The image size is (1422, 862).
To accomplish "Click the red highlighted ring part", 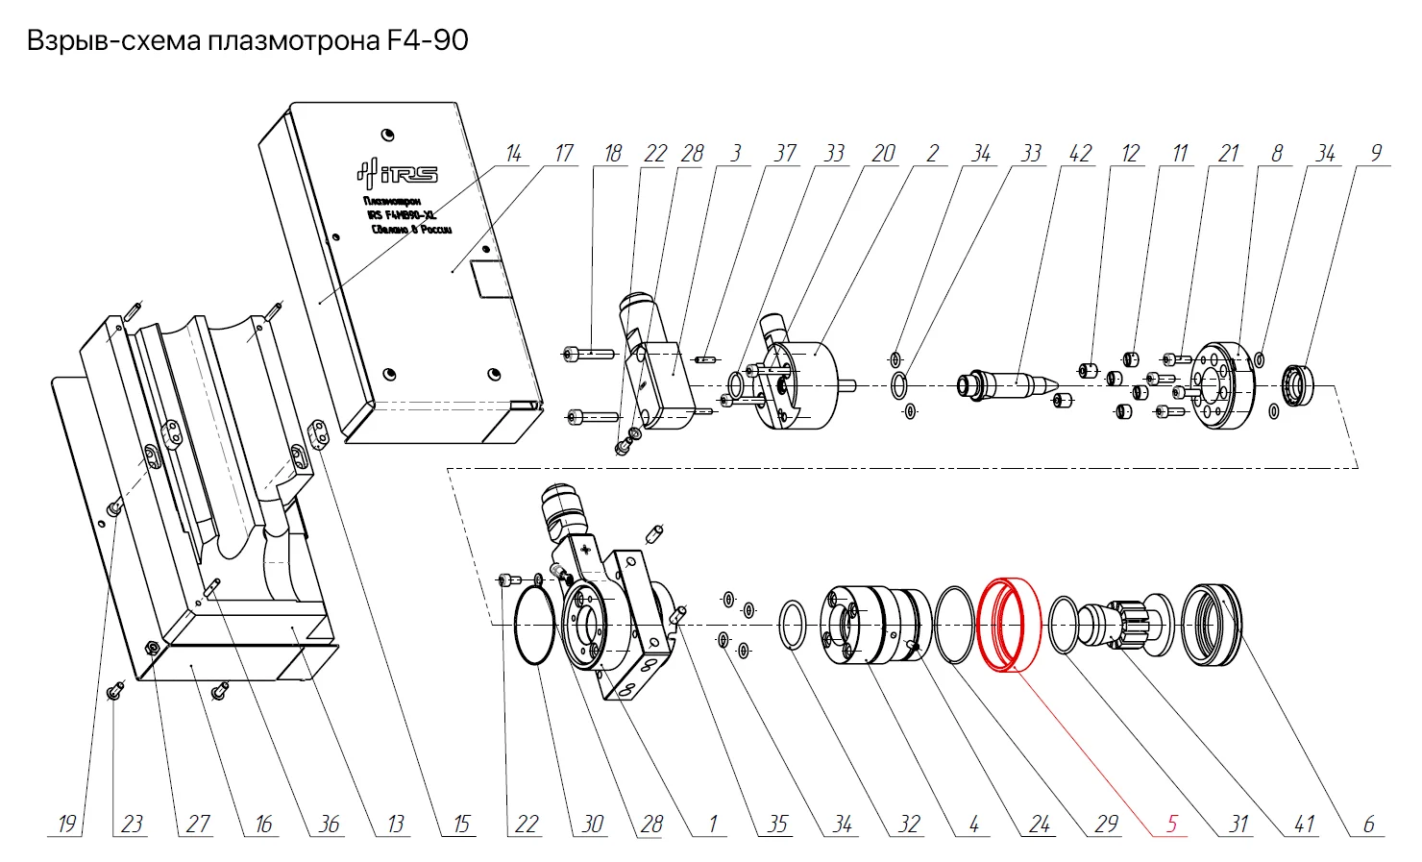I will pyautogui.click(x=1009, y=625).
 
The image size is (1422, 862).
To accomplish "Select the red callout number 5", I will pyautogui.click(x=1172, y=824).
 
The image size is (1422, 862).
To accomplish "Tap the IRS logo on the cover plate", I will pyautogui.click(x=397, y=173).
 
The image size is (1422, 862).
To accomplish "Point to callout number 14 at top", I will pyautogui.click(x=513, y=154).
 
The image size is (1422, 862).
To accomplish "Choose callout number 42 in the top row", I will pyautogui.click(x=1080, y=154).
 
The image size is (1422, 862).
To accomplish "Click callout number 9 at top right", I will pyautogui.click(x=1376, y=154).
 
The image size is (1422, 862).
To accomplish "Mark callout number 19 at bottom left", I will pyautogui.click(x=66, y=824).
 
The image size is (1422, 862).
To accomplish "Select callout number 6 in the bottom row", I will pyautogui.click(x=1369, y=824).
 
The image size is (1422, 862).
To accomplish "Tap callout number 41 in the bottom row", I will pyautogui.click(x=1304, y=824).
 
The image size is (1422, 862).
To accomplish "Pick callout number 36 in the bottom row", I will pyautogui.click(x=329, y=824).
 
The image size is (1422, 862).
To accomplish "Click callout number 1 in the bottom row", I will pyautogui.click(x=713, y=824).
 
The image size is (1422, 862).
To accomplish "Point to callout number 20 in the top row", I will pyautogui.click(x=883, y=154).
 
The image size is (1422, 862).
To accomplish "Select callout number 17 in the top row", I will pyautogui.click(x=563, y=154).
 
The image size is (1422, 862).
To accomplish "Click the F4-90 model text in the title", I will pyautogui.click(x=428, y=40).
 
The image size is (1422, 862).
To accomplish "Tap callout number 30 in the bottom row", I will pyautogui.click(x=593, y=824).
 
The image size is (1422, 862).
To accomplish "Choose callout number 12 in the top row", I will pyautogui.click(x=1130, y=154).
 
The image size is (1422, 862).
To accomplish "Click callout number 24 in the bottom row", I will pyautogui.click(x=1040, y=824).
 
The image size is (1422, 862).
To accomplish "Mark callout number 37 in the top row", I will pyautogui.click(x=785, y=154).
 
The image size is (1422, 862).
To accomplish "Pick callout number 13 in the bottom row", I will pyautogui.click(x=396, y=824).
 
